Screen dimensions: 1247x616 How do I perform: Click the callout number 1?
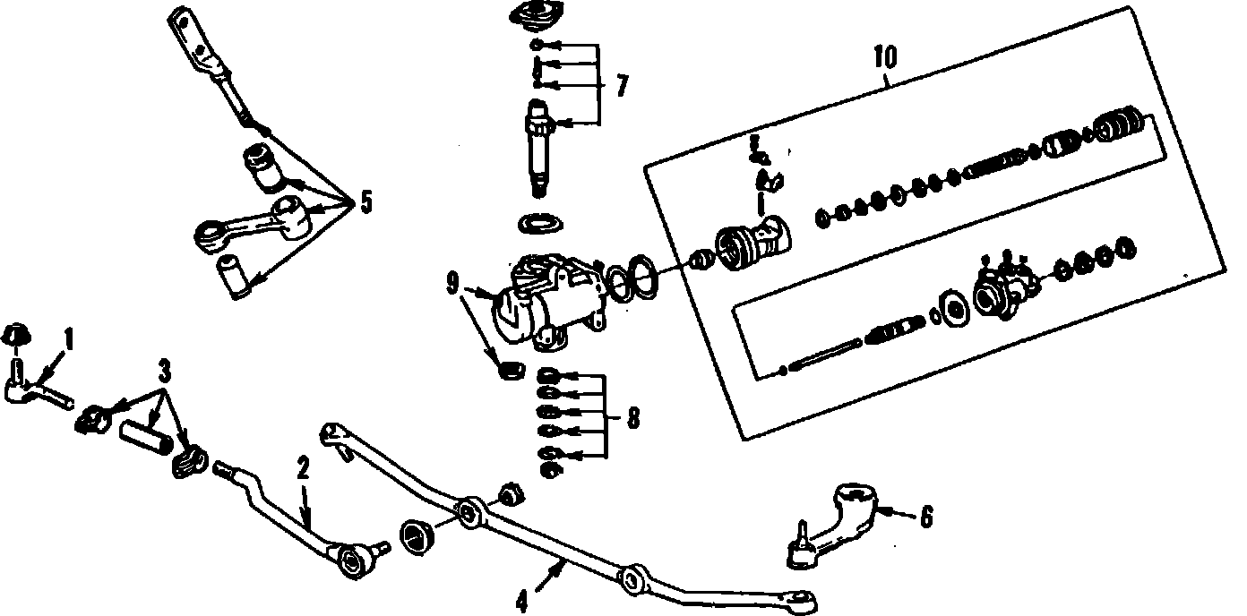pos(69,339)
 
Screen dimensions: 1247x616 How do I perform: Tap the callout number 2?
pos(303,468)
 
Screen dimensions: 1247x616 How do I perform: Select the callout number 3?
pos(164,369)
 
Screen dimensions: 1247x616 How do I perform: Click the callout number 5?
pos(365,202)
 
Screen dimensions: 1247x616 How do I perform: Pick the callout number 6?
pos(925,517)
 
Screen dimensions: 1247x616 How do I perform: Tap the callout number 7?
pos(622,86)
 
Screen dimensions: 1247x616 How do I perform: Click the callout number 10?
pos(884,56)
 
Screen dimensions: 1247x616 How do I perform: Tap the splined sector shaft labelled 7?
pos(539,148)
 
